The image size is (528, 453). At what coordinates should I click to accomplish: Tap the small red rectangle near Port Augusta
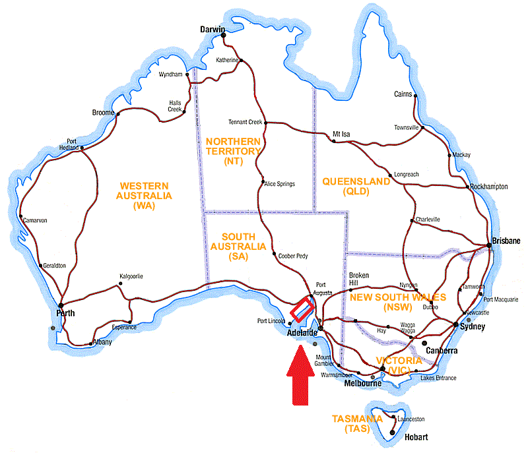tap(302, 309)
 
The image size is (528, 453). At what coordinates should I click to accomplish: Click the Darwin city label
tap(213, 29)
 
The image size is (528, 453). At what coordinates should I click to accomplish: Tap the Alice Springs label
tap(280, 183)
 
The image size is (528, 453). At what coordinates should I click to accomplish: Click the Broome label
tap(103, 113)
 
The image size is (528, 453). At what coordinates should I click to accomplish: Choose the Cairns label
tap(403, 94)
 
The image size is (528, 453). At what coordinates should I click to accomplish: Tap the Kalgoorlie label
tap(131, 276)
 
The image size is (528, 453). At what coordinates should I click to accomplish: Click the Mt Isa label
tap(341, 134)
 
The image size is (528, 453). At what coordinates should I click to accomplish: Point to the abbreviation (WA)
tap(143, 206)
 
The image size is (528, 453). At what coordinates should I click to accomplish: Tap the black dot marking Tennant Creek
tap(265, 122)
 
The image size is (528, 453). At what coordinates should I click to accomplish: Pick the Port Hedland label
tap(73, 145)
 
